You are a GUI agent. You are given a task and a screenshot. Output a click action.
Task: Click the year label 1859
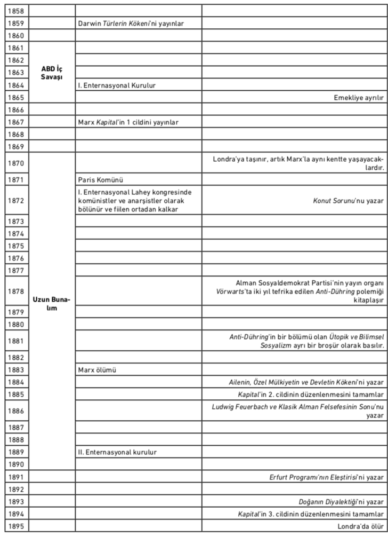pos(17,23)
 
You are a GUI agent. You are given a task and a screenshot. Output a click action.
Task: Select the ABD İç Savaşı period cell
pos(52,73)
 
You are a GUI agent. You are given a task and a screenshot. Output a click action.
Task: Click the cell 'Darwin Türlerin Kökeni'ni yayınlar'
pos(131,23)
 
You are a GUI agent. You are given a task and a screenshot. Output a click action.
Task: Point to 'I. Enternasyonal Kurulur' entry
pos(117,85)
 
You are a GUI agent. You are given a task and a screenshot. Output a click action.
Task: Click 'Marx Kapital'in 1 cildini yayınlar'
pos(128,122)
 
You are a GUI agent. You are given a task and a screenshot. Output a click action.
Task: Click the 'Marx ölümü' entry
pos(97,369)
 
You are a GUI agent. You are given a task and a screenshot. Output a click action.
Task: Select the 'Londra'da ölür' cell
pos(361,526)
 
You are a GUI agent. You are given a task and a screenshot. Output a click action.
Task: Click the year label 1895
pos(17,526)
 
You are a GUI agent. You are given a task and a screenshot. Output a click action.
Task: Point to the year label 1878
pos(17,291)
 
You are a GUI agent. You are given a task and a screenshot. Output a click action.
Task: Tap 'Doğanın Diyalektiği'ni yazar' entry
pos(341,502)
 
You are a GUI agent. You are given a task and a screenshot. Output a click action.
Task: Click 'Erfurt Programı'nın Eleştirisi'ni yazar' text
pos(326,477)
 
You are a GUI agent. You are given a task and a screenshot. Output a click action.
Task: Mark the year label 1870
pos(17,163)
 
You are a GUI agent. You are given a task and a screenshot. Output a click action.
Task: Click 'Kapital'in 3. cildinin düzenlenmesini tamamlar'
pos(311,514)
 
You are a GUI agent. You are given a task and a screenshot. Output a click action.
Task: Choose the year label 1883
pos(17,369)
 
